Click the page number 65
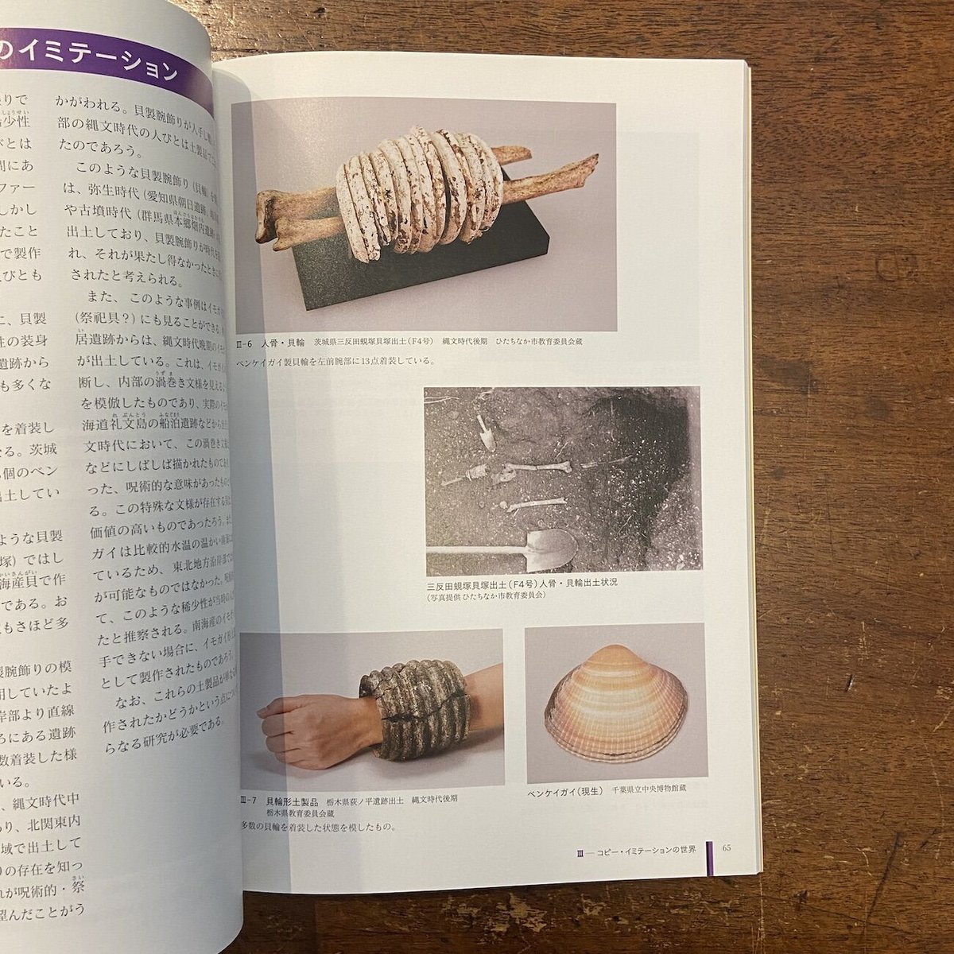pyautogui.click(x=727, y=847)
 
